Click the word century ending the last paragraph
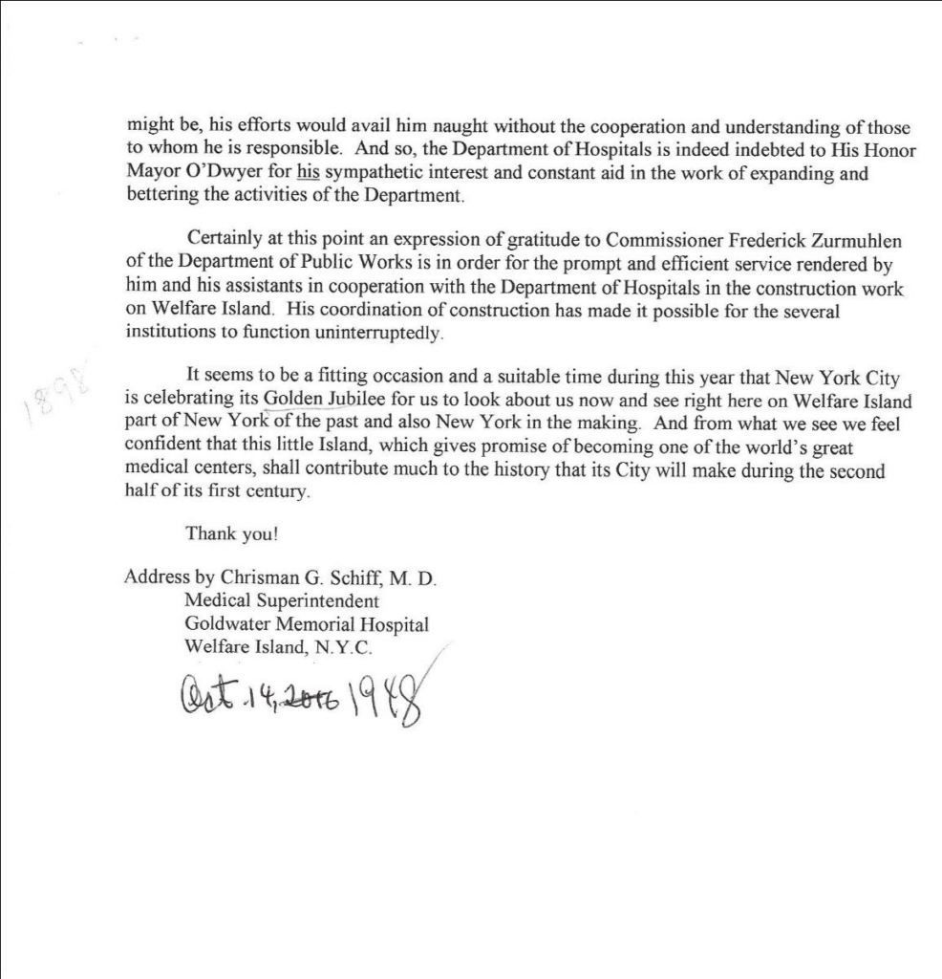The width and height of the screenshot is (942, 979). click(x=276, y=493)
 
